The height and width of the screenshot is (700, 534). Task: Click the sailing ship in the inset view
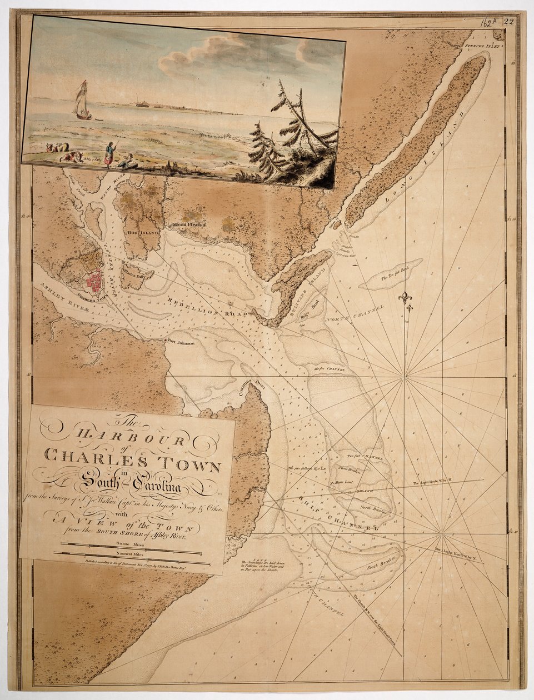tap(82, 102)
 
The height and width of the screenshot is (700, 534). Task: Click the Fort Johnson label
tap(180, 343)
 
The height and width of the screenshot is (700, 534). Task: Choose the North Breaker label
tap(373, 508)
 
